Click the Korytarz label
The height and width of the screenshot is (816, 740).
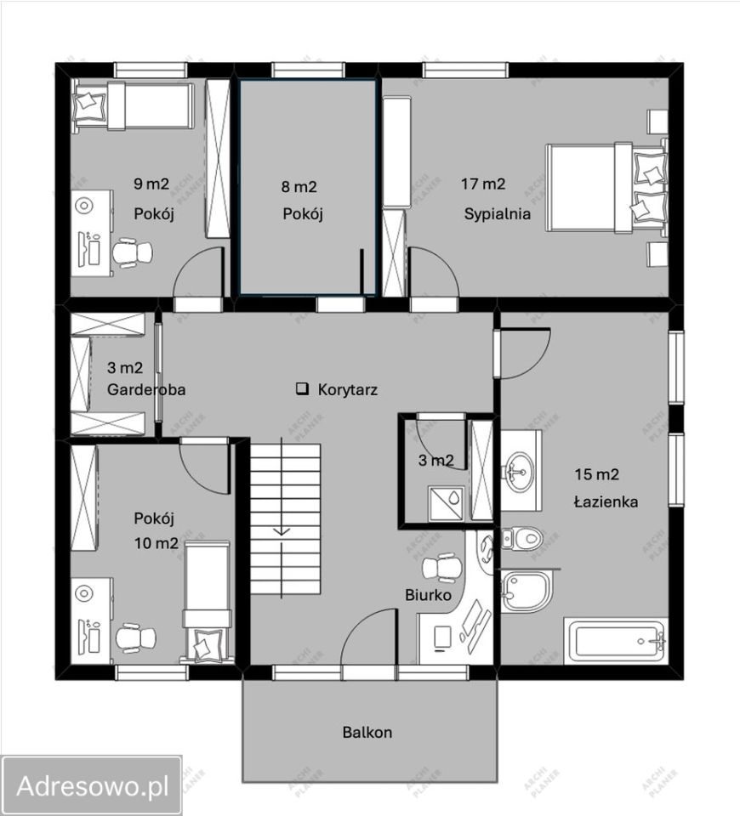(x=347, y=389)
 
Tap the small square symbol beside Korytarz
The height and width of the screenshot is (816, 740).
(x=301, y=388)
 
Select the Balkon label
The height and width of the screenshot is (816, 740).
(x=367, y=732)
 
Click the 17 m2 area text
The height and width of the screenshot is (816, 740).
(x=483, y=184)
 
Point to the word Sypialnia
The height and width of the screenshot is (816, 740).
(x=498, y=214)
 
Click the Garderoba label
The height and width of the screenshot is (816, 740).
(x=146, y=389)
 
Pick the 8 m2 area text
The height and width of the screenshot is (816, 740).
(x=299, y=186)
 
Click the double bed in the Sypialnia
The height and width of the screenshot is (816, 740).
(x=606, y=187)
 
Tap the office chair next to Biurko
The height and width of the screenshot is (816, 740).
(x=441, y=567)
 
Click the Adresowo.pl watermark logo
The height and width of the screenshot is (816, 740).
(x=92, y=785)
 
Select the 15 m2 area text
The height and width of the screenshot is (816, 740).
(x=597, y=474)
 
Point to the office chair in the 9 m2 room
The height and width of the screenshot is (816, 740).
(x=133, y=253)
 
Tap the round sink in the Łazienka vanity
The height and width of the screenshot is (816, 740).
(x=519, y=470)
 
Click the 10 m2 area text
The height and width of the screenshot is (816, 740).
(x=157, y=543)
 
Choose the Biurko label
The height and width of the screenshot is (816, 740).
(x=428, y=595)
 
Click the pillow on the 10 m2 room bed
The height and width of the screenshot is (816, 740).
(x=208, y=644)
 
